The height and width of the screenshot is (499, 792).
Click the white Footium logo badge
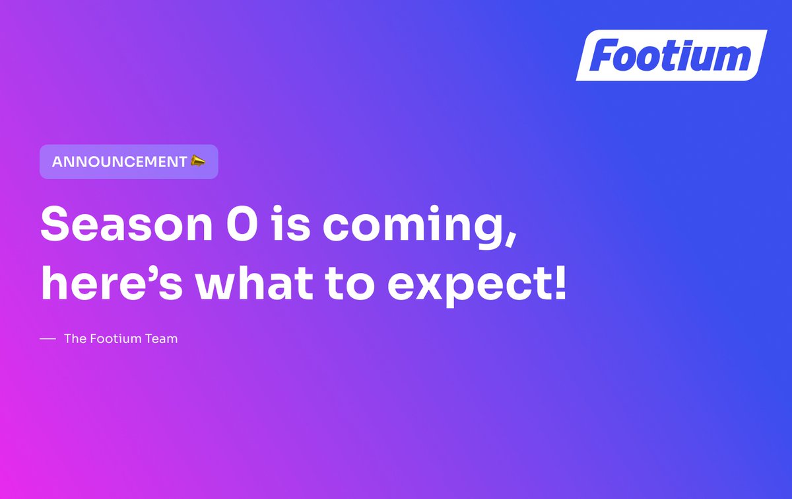pos(671,56)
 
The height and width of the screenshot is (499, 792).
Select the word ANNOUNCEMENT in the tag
pos(119,162)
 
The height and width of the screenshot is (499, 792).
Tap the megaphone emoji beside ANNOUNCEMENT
pos(198,161)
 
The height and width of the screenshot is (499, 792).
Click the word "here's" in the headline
pos(106,283)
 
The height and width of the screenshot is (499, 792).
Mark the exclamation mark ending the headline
pos(558,282)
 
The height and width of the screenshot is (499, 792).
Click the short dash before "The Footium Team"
pos(47,339)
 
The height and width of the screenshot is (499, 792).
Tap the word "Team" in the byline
pos(162,339)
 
